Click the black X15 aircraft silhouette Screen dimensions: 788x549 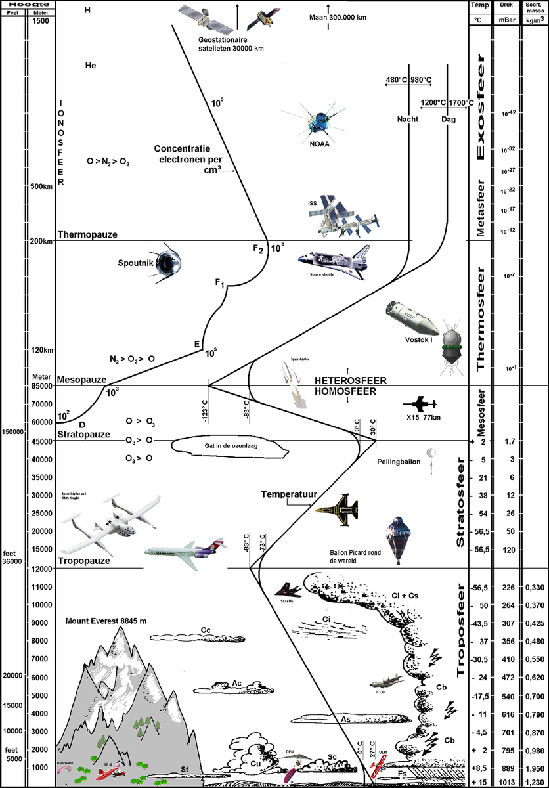[x=419, y=404]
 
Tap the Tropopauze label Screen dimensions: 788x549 [x=83, y=561]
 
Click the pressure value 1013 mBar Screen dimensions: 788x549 [x=506, y=781]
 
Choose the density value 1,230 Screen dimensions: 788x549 [x=535, y=781]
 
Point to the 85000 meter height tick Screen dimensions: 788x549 [x=43, y=386]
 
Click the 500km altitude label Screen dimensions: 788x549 [x=41, y=186]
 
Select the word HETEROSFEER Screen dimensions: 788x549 [x=350, y=381]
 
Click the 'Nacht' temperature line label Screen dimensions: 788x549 [x=408, y=120]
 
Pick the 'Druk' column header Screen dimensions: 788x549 [x=506, y=5]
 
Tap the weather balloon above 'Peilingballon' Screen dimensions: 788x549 [x=430, y=454]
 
